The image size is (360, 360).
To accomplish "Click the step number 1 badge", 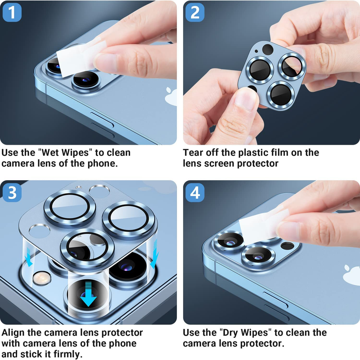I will coord(12,13).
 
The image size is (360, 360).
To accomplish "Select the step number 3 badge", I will coord(12,192).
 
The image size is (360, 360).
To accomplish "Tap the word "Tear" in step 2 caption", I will coord(194,152).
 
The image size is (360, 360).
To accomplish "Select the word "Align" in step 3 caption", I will coord(15,333).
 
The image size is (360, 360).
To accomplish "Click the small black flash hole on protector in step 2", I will coord(267,50).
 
